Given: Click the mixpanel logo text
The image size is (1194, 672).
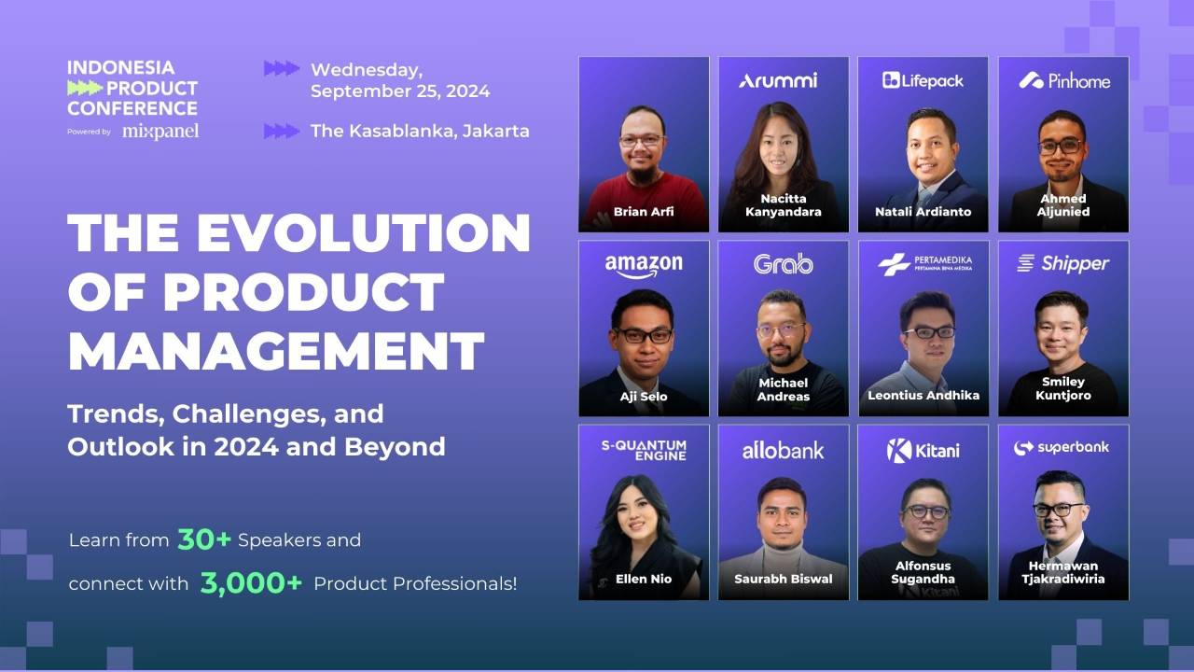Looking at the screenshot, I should (160, 132).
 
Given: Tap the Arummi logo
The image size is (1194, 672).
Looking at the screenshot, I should (778, 80).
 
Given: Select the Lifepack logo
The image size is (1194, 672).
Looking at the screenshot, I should (923, 80).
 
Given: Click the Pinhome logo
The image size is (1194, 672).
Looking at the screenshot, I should (1064, 80).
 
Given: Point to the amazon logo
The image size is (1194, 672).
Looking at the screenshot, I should (644, 265).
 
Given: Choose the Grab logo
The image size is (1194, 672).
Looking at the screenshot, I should (783, 264).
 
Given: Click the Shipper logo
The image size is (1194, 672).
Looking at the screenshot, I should (1063, 264).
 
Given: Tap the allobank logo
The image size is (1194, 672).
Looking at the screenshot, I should (783, 450).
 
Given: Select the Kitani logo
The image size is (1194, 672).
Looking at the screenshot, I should (923, 450).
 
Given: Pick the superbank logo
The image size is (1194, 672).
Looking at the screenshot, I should (1062, 448).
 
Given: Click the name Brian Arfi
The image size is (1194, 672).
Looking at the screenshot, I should (644, 212).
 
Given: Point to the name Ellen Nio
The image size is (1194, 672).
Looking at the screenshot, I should (644, 579).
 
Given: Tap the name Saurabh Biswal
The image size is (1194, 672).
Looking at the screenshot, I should (783, 579).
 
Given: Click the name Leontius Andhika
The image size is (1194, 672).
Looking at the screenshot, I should (923, 395).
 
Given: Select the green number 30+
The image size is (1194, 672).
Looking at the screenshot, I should (204, 539).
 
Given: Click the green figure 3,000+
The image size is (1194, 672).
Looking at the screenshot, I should (251, 583).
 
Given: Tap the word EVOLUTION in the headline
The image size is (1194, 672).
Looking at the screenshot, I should (364, 233).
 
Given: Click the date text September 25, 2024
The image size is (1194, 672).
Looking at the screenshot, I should (400, 91).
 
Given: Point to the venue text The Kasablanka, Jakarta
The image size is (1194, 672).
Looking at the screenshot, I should (420, 131).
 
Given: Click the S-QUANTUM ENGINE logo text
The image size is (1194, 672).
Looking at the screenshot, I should (644, 450).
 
